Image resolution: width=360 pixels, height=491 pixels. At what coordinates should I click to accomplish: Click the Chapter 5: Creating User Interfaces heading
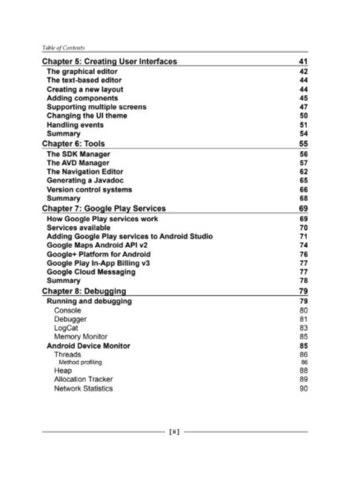point(110,62)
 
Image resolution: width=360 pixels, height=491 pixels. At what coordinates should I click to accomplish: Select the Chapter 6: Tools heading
point(74,144)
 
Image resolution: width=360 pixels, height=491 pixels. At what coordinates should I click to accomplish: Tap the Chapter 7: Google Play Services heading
point(104,208)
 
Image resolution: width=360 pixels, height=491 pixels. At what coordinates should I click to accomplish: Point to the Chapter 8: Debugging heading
point(84,291)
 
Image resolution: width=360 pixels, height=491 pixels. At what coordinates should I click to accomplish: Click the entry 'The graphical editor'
point(82,71)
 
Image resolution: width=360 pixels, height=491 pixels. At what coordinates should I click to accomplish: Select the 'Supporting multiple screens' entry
point(97,107)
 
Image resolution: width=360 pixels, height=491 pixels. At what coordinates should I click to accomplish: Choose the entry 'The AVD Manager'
point(78,163)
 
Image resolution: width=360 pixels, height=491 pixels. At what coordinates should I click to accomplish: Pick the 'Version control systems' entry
point(89,190)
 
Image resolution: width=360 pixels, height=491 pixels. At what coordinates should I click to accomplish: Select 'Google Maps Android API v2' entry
point(97,245)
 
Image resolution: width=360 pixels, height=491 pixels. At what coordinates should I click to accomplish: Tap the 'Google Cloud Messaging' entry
point(91,272)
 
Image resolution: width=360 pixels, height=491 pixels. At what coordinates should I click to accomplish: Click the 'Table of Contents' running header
point(63,48)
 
